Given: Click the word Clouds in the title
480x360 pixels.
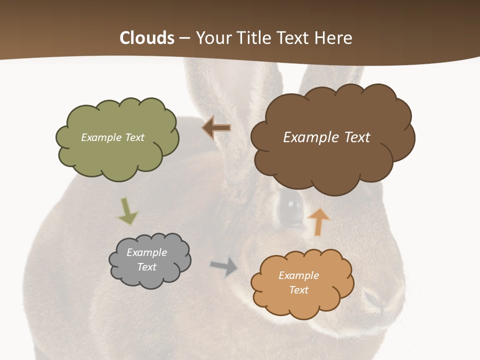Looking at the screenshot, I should point(147,38).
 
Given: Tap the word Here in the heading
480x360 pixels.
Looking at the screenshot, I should point(334,38).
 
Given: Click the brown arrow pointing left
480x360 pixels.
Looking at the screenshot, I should point(216,128).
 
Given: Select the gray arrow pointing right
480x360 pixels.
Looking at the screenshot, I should point(224,266).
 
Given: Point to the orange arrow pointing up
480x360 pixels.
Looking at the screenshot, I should point(318,221).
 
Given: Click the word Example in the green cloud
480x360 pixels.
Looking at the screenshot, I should point(100,137).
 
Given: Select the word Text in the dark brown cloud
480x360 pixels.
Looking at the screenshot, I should point(352,137).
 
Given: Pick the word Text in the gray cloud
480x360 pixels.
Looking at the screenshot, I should point(147,267).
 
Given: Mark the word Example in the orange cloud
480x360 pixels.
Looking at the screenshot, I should point(298,275).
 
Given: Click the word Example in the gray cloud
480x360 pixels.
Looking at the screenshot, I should point(146,252).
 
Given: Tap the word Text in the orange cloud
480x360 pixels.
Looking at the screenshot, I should point(298,290).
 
